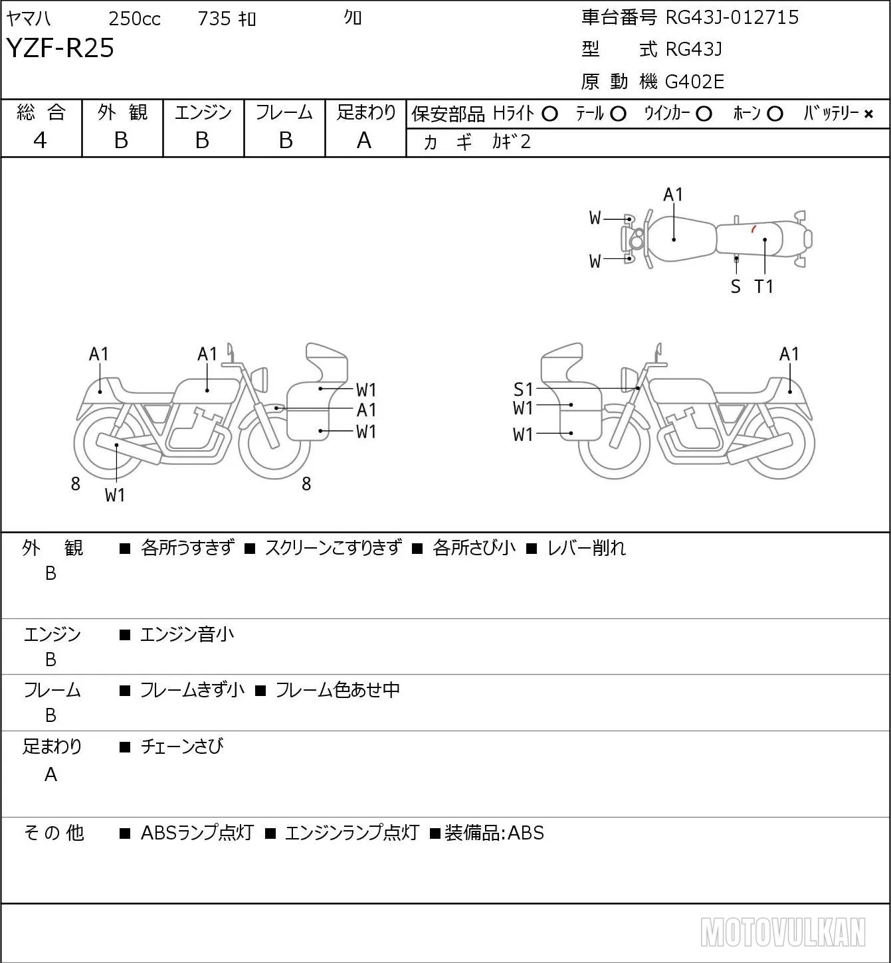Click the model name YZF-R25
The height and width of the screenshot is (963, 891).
point(60,48)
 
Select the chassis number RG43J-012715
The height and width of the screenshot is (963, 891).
point(732,17)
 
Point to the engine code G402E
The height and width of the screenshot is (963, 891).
point(694,82)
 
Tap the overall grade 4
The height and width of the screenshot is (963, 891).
point(40,141)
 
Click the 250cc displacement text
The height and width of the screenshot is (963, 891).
point(134,19)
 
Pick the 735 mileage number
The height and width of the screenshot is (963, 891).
point(214,19)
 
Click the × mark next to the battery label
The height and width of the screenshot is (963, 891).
point(868,114)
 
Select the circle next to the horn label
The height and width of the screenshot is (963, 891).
point(775,114)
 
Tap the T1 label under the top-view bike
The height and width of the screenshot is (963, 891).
point(764,286)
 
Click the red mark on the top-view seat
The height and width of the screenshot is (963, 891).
point(753,228)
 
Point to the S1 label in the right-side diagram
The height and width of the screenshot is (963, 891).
point(523,389)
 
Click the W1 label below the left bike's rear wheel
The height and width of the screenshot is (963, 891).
point(115,495)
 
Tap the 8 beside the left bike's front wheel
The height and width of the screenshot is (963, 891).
point(306,483)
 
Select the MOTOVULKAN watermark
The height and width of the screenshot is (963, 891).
point(783,932)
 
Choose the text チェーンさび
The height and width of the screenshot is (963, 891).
point(182,746)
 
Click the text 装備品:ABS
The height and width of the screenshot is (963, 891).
point(494,833)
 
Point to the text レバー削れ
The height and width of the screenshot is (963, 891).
point(587,548)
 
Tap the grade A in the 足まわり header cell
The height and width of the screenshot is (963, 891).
point(364,141)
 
